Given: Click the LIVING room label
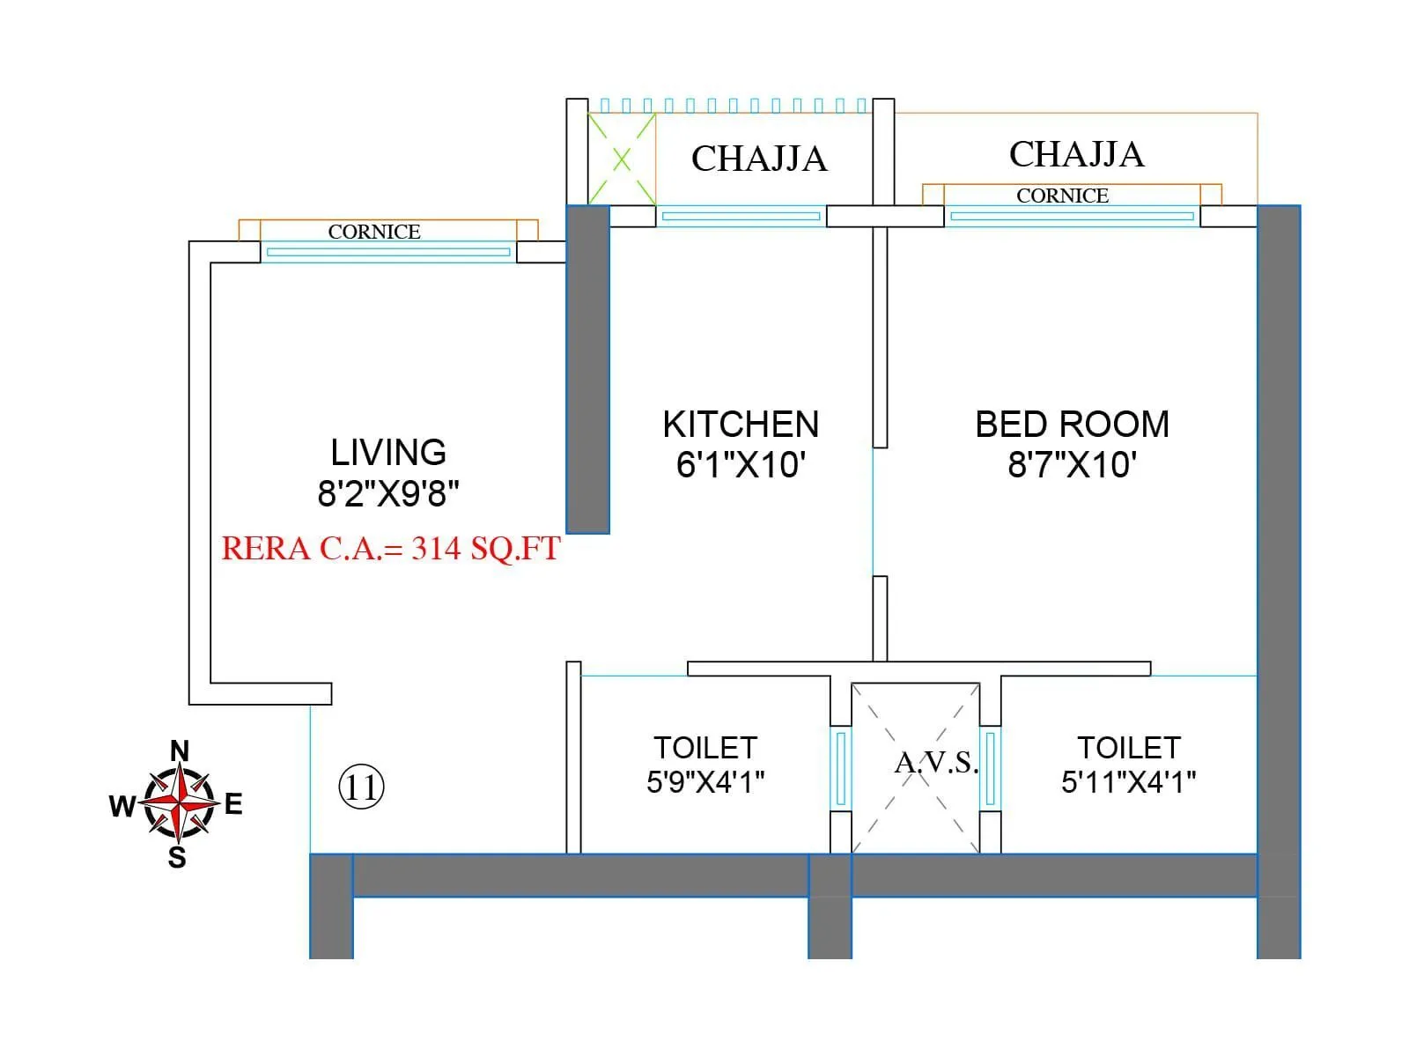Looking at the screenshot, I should pyautogui.click(x=388, y=452).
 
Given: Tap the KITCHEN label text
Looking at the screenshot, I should pyautogui.click(x=741, y=424).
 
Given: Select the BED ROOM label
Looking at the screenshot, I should pyautogui.click(x=1072, y=424).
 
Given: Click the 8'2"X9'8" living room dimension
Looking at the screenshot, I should pyautogui.click(x=388, y=493).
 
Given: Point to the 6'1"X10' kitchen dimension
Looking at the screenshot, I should pyautogui.click(x=741, y=464).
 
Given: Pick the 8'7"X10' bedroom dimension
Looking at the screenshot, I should pyautogui.click(x=1072, y=464).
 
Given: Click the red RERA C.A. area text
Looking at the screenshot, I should pyautogui.click(x=390, y=548).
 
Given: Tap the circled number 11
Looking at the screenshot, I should pyautogui.click(x=361, y=787).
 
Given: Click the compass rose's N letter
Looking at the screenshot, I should pyautogui.click(x=180, y=750).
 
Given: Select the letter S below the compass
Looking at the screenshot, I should pyautogui.click(x=177, y=857).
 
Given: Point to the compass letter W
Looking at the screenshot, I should pyautogui.click(x=122, y=805).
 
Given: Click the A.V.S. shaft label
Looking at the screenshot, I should pyautogui.click(x=936, y=762).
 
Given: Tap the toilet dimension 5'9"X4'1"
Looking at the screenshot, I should pyautogui.click(x=705, y=781).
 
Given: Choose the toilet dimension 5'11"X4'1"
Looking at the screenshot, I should pyautogui.click(x=1128, y=781).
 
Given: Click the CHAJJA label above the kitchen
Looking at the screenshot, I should pyautogui.click(x=759, y=159).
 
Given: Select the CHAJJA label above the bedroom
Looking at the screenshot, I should pyautogui.click(x=1076, y=154).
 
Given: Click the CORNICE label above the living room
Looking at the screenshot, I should pyautogui.click(x=374, y=232).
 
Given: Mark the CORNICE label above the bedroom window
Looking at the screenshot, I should pyautogui.click(x=1062, y=196).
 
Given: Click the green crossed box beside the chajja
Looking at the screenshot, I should pyautogui.click(x=622, y=159).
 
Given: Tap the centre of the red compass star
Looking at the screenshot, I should pyautogui.click(x=180, y=803).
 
